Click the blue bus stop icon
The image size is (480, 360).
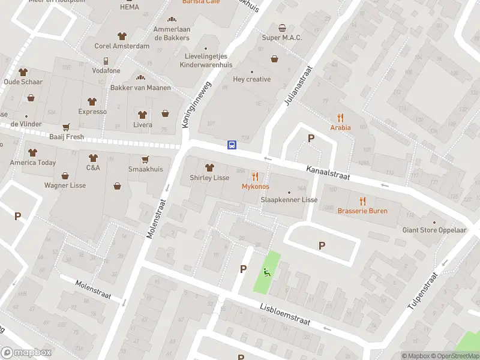(x=232, y=145)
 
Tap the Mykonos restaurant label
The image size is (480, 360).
(x=255, y=187)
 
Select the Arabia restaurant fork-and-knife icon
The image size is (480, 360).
(x=340, y=118)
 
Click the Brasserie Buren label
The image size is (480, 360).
(x=362, y=211)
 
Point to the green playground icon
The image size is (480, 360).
(x=266, y=272)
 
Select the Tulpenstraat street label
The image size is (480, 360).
(x=424, y=290)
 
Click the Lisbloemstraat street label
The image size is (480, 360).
(x=285, y=313)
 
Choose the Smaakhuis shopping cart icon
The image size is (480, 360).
(x=145, y=160)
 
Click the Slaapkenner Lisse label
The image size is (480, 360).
(x=289, y=199)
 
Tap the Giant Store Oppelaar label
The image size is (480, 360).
(x=434, y=230)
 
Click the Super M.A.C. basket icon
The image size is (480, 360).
(x=282, y=28)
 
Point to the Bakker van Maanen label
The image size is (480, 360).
(x=140, y=88)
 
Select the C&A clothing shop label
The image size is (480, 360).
(x=93, y=167)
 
